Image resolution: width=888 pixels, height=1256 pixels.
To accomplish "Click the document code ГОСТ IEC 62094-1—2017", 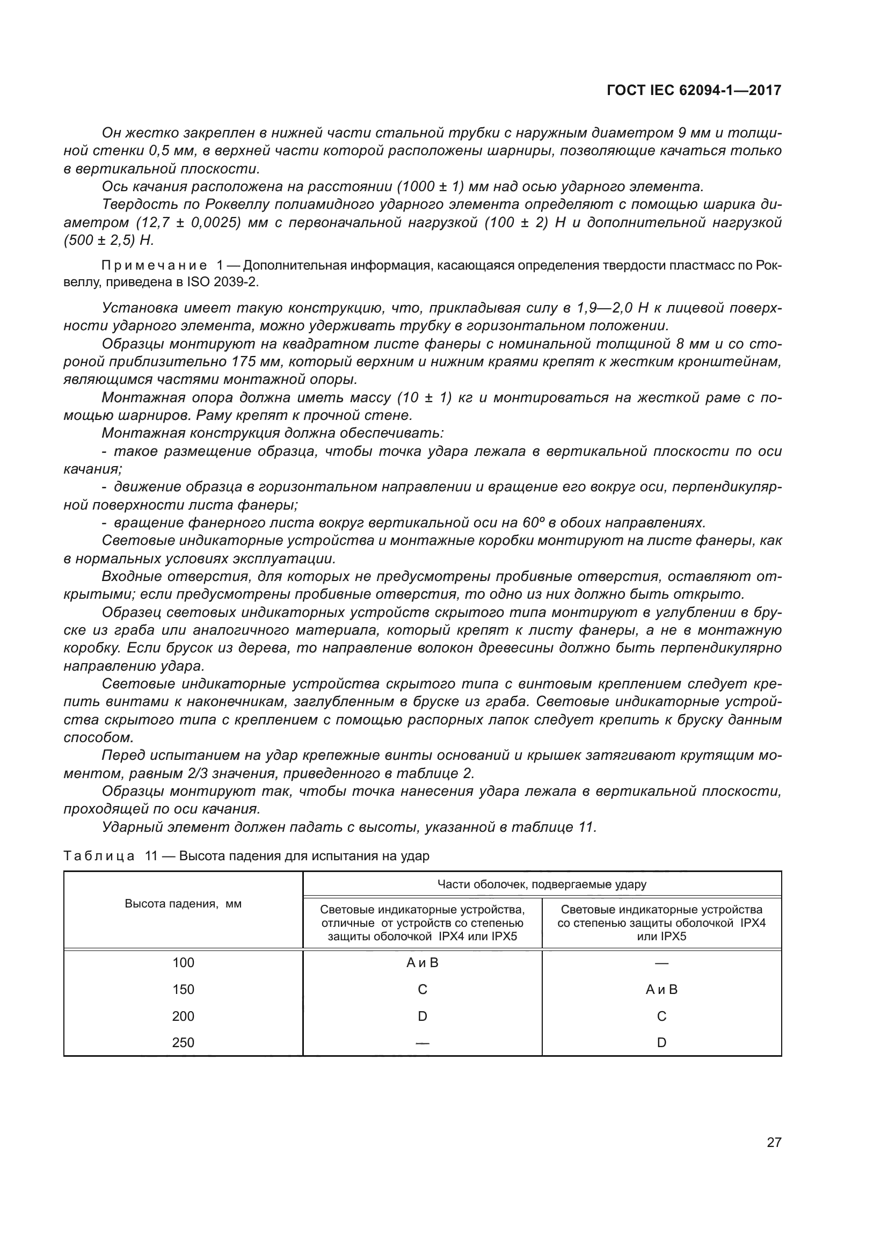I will click(x=694, y=90).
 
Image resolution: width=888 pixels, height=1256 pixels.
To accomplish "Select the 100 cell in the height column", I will click(x=183, y=962).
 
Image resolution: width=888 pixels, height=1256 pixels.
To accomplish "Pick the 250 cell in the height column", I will click(x=183, y=1042).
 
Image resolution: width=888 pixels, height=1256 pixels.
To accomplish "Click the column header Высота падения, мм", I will click(x=183, y=904).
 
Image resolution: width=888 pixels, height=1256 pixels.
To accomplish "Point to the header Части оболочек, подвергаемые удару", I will click(x=541, y=884).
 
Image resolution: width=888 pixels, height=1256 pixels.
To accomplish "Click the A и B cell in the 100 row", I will click(x=422, y=962).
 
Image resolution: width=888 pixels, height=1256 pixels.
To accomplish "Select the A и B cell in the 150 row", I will click(x=661, y=989).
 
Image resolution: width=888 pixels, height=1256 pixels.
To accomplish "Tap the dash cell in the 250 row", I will click(x=422, y=1042).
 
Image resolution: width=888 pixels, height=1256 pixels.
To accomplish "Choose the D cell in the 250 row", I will click(x=661, y=1042).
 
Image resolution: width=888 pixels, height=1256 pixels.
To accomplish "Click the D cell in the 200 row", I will click(x=422, y=1016).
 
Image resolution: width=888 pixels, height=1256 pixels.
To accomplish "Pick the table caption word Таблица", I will click(x=99, y=855).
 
